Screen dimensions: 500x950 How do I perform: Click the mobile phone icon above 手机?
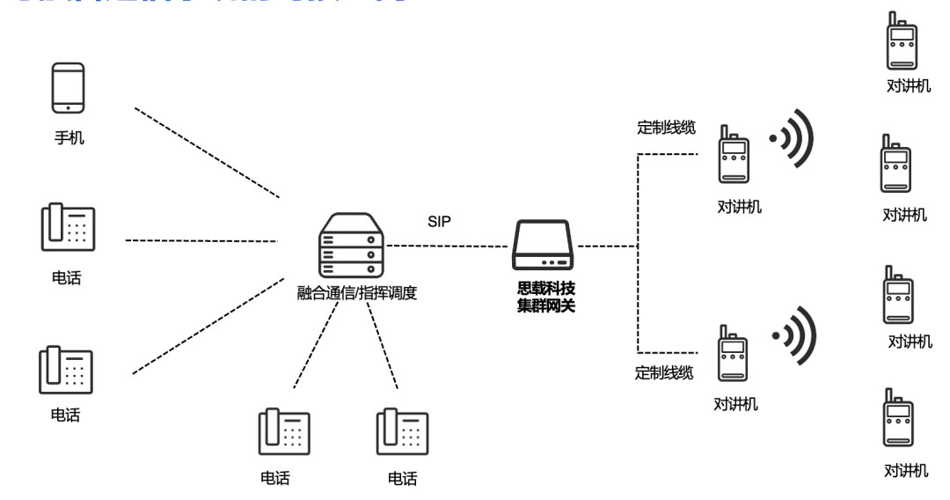pyautogui.click(x=69, y=87)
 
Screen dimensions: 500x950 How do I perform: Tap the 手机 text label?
pyautogui.click(x=69, y=137)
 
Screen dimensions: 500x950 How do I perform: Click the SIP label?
pyautogui.click(x=439, y=222)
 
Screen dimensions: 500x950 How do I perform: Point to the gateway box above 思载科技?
pyautogui.click(x=543, y=246)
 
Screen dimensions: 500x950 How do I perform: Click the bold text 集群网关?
pyautogui.click(x=546, y=305)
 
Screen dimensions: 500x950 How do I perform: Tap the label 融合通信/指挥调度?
pyautogui.click(x=357, y=294)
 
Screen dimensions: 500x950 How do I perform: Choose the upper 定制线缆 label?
pyautogui.click(x=666, y=128)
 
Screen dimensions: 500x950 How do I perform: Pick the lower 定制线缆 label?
pyautogui.click(x=664, y=372)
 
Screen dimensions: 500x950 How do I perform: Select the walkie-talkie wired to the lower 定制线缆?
pyautogui.click(x=732, y=353)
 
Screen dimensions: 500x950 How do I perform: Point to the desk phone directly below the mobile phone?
pyautogui.click(x=68, y=229)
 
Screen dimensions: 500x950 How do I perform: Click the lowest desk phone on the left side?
pyautogui.click(x=66, y=371)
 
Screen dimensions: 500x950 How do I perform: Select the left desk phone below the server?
pyautogui.click(x=283, y=431)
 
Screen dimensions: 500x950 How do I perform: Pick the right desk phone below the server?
pyautogui.click(x=402, y=431)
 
